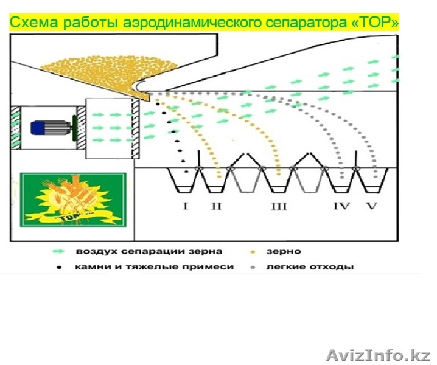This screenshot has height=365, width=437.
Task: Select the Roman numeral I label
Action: pos(185,206)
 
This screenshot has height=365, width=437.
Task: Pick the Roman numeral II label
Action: pos(217,206)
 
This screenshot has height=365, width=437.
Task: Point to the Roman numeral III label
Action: pos(278,206)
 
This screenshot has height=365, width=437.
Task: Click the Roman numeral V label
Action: pos(371,206)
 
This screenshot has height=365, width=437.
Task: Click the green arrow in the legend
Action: pos(60,251)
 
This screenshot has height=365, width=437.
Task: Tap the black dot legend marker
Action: pos(60,266)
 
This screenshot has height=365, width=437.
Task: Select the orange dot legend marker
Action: pos(253,251)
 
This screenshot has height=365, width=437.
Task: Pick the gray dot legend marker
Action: pos(253,266)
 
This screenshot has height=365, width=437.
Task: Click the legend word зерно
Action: pos(279,251)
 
